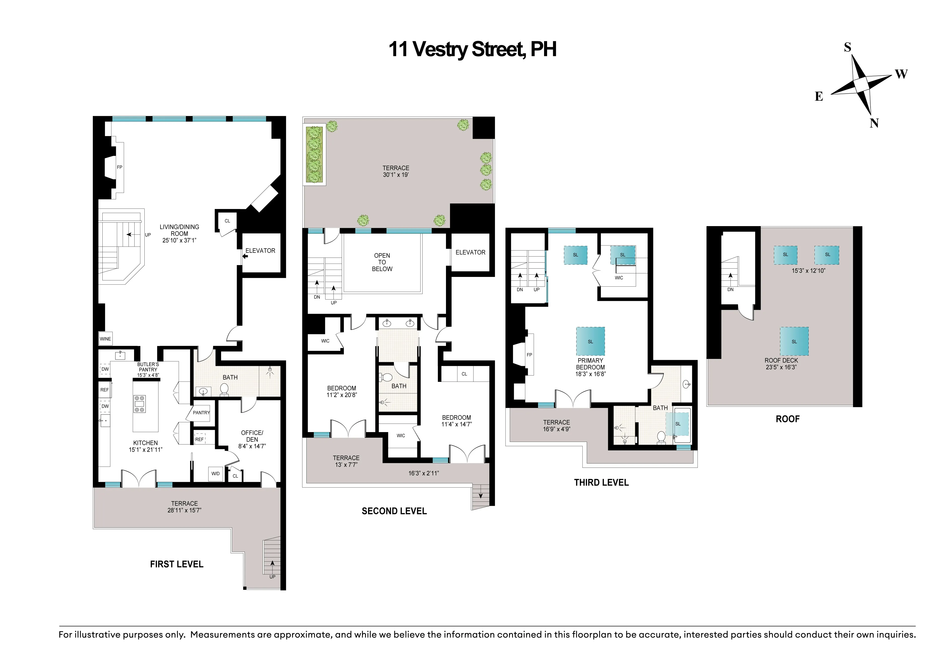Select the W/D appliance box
[215, 474]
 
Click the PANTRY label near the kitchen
[201, 413]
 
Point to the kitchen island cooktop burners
[140, 403]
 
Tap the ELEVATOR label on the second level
[470, 252]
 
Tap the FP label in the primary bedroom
[529, 355]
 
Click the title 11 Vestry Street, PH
[472, 50]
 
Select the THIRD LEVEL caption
[601, 483]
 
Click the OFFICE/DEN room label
[252, 439]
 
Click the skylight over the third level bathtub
[678, 424]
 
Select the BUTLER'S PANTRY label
[148, 369]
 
